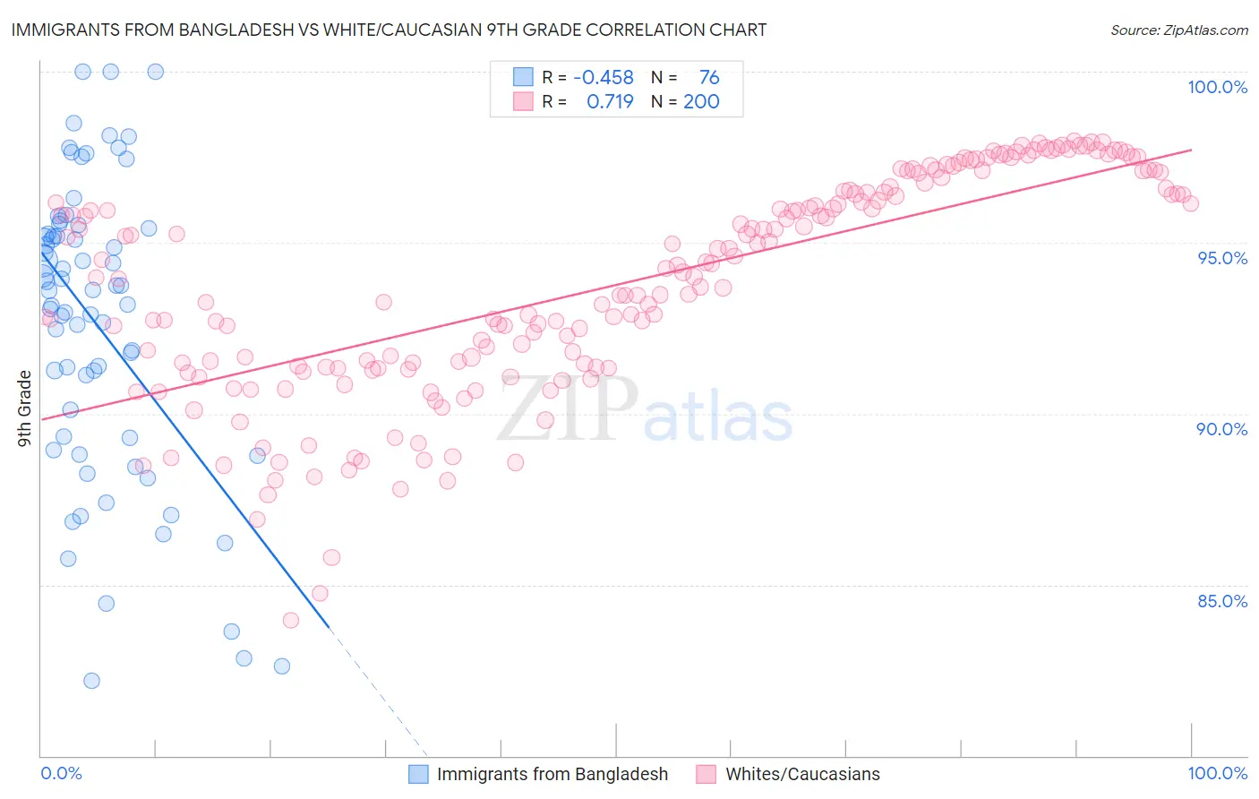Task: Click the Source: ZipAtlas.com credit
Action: (x=1178, y=30)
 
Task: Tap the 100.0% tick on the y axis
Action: (x=1217, y=87)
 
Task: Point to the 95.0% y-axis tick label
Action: (x=1222, y=258)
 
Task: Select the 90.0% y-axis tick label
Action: (x=1221, y=429)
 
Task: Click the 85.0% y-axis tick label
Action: (x=1222, y=601)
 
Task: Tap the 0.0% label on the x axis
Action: (x=61, y=774)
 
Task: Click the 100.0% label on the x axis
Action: (x=1217, y=774)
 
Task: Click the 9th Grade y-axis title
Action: (x=25, y=408)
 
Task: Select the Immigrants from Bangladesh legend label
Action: (x=552, y=775)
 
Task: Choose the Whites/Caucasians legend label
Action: (x=802, y=775)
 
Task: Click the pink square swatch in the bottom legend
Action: (x=707, y=775)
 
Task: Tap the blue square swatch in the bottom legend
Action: (x=418, y=775)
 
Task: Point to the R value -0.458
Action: (x=604, y=78)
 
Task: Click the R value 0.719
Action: (x=610, y=102)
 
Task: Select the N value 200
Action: (x=701, y=102)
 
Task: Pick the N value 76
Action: (x=709, y=78)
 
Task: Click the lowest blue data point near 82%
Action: (x=91, y=681)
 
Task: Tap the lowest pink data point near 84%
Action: (x=290, y=621)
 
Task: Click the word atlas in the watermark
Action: (x=718, y=417)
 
